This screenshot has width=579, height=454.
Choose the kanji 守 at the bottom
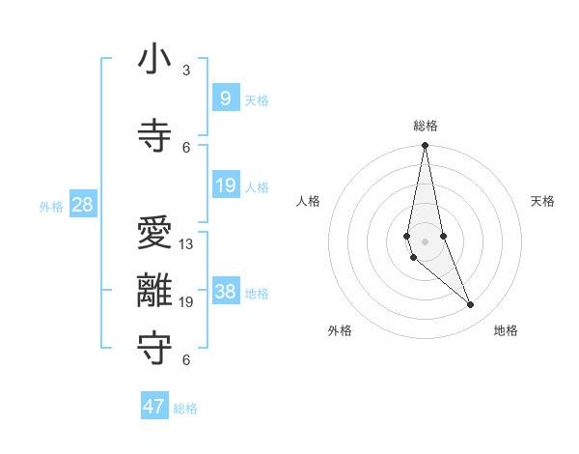click(x=154, y=345)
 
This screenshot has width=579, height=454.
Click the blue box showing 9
click(x=225, y=98)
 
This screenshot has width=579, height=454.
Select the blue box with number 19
click(x=225, y=185)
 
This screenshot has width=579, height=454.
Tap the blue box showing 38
click(x=225, y=293)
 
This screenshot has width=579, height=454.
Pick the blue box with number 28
click(x=82, y=204)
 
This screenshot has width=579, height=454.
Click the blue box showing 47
click(x=154, y=407)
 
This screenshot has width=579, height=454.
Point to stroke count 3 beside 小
click(x=186, y=70)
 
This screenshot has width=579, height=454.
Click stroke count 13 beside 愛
click(x=186, y=244)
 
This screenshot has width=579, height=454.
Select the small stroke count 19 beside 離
click(x=186, y=302)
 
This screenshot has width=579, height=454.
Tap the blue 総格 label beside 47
click(x=185, y=409)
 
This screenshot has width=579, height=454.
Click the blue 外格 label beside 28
click(x=51, y=206)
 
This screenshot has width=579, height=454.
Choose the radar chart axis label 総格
click(x=425, y=126)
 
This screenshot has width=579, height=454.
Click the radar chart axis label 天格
click(x=542, y=201)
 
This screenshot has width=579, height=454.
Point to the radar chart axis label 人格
click(x=308, y=201)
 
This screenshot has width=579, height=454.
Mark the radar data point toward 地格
click(x=471, y=305)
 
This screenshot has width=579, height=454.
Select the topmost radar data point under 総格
click(x=425, y=146)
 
